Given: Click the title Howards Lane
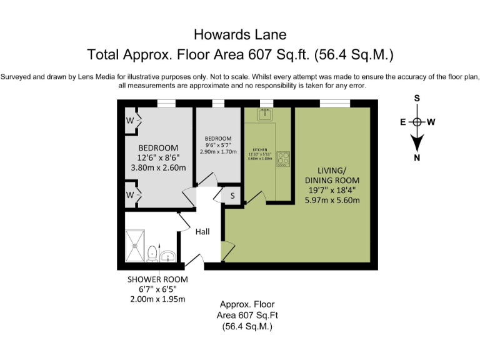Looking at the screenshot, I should pos(240,34).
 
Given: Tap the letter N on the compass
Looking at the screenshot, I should pos(417,157).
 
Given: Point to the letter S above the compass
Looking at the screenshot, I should pos(417,98).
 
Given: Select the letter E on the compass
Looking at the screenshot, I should pos(404,122).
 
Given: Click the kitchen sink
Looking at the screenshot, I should pos(266,114).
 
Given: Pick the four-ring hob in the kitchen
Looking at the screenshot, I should pos(283,159).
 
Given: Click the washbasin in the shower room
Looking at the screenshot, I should pos(167,256).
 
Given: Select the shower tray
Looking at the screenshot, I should pos(134,246).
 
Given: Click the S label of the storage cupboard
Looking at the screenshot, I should pos(232,196).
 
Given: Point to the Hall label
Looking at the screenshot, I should pos(202,232).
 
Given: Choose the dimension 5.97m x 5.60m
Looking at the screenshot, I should pos(332,200).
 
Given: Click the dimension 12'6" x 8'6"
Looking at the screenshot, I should pos(153,158).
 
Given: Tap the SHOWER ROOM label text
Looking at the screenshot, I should pos(157,279).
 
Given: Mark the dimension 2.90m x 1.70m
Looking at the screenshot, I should pos(218,152).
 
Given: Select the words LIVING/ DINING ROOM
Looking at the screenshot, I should pos(332,175).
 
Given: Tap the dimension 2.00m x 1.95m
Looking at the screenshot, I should pos(157,299).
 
